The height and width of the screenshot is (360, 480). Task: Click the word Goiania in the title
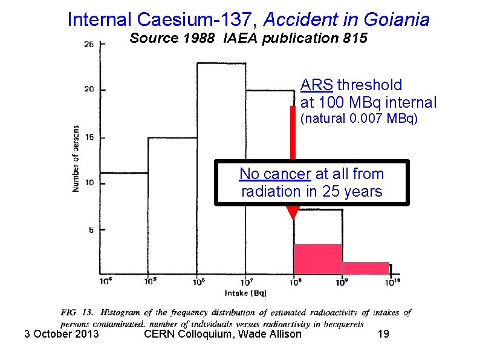pos(397,19)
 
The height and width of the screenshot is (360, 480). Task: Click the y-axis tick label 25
pos(89,44)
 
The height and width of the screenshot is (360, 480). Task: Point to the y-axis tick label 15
pos(89,137)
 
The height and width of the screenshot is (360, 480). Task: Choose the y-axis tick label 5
pos(91,230)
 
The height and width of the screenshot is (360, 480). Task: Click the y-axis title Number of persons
pos(76,159)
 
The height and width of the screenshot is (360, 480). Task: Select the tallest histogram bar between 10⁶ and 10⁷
pos(221,169)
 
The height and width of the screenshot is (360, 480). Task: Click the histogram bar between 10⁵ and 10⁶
pos(173,206)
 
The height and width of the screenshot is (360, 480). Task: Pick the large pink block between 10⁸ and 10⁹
pos(318,260)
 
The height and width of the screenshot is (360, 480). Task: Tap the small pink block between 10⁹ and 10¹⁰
pos(366,268)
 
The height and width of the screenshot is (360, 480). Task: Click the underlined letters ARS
pos(317,85)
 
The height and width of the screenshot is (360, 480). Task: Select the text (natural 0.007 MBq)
pos(358,119)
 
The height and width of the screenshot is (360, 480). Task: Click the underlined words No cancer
pos(274,174)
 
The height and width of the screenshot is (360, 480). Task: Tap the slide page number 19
pos(383,333)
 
